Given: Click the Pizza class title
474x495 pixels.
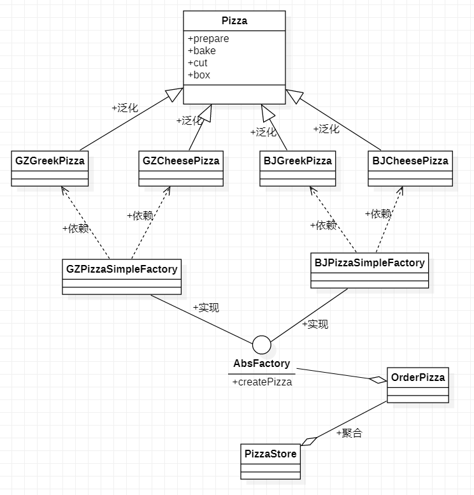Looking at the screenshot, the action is (234, 21).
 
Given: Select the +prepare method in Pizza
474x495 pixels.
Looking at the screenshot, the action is (208, 38).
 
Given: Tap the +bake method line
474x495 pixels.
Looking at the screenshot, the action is (202, 50).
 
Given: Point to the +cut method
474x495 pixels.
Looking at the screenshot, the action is (197, 63).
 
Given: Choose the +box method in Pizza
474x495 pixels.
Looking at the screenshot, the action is (199, 75).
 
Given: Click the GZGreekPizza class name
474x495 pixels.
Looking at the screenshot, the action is (50, 161).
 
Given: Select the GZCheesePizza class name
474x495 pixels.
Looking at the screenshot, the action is (181, 161).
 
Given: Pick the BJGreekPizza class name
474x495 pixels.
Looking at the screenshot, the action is (298, 161).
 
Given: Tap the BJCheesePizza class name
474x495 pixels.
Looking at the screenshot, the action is (410, 161).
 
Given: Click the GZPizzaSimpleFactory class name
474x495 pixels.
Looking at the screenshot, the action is (122, 269).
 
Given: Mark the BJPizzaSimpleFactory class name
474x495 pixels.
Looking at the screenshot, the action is (370, 262).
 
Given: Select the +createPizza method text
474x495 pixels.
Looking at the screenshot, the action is (262, 382).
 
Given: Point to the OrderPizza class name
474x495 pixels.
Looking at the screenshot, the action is (418, 377).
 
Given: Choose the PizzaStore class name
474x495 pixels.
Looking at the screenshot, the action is (271, 454).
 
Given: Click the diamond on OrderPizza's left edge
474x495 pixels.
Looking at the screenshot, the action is (378, 380).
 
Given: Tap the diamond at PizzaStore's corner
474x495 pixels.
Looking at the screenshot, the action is (309, 441).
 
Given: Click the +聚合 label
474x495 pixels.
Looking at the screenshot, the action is (349, 433).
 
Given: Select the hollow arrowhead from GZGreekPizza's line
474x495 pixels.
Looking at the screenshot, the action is (175, 94).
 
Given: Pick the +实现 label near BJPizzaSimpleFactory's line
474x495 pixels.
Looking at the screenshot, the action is (315, 324).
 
